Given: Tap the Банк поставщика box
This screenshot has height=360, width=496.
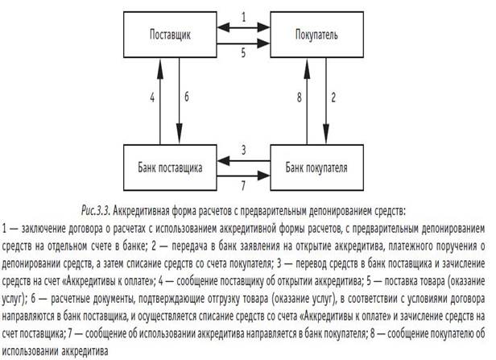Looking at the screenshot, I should click(x=169, y=168).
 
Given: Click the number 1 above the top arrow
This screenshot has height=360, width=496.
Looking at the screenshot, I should click(x=243, y=18).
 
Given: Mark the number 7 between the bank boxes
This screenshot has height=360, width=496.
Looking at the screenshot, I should click(x=243, y=187).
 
